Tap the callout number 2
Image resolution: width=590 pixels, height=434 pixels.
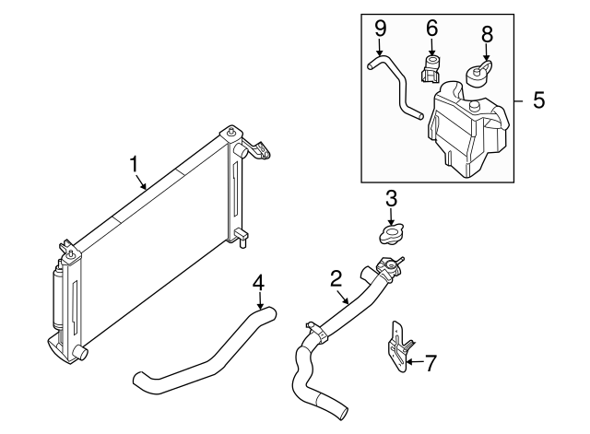coord(336,276)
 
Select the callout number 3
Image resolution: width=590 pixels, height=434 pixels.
coord(391,197)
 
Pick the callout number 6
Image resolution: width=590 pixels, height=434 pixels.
coord(431,29)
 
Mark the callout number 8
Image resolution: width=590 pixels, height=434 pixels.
coord(487,35)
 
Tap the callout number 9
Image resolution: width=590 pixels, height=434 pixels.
coord(379,29)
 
